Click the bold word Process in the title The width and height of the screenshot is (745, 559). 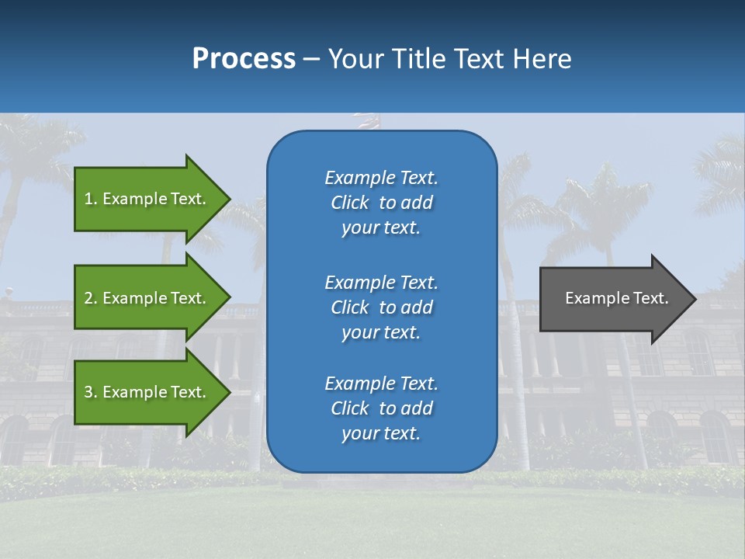(244, 59)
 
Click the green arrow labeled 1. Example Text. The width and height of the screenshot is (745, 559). (147, 199)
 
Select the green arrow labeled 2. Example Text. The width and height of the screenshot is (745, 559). (147, 298)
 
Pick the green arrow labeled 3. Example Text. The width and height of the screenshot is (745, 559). (147, 392)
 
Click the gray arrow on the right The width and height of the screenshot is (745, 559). (613, 298)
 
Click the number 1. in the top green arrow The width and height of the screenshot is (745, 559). (90, 199)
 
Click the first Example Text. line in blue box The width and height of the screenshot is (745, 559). (381, 178)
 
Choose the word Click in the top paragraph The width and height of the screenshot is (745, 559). (349, 203)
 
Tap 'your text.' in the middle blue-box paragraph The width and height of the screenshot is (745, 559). (381, 332)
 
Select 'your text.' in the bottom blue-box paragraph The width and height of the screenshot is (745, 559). (381, 433)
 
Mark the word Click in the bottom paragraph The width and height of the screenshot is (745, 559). (349, 408)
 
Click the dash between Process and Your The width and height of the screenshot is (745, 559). (311, 60)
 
